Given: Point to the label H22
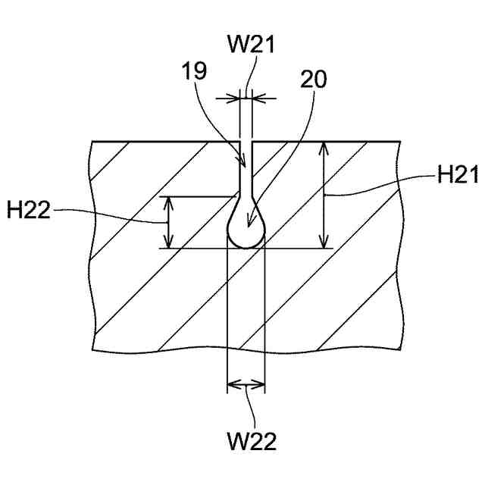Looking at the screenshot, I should pyautogui.click(x=28, y=210).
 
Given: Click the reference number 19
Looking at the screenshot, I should pyautogui.click(x=194, y=74).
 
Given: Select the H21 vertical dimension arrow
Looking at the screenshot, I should pyautogui.click(x=325, y=195).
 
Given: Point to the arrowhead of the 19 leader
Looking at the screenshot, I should pyautogui.click(x=244, y=162).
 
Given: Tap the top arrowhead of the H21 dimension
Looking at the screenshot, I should pyautogui.click(x=325, y=146).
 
